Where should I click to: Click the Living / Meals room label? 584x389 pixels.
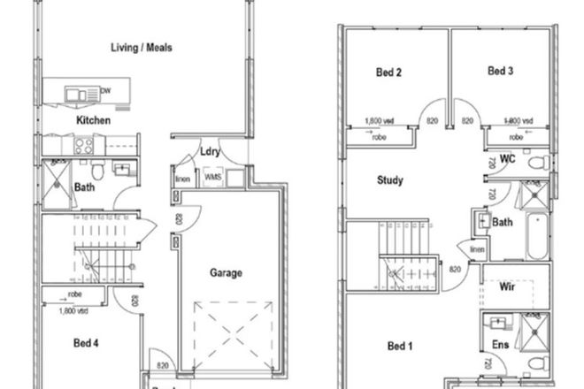141,48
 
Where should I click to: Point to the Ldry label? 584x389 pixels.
209,150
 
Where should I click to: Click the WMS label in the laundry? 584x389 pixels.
212,178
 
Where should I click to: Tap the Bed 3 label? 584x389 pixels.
500,70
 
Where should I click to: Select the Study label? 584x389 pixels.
390,180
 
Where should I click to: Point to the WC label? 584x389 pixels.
507,160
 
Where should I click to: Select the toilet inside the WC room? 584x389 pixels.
536,162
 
